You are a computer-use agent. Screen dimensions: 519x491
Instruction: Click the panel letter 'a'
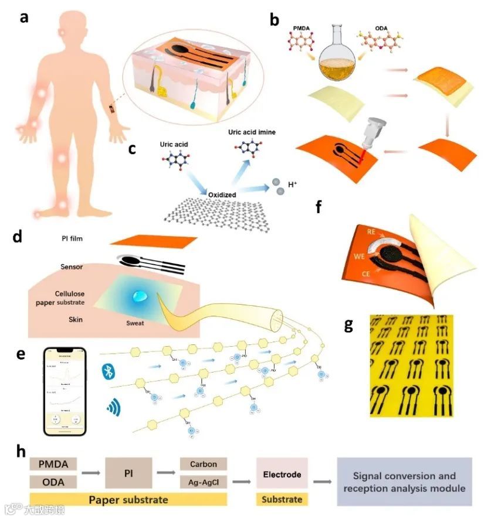click(24, 18)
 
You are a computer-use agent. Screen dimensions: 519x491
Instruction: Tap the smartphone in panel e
click(65, 391)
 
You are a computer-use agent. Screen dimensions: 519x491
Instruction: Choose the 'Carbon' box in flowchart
click(203, 465)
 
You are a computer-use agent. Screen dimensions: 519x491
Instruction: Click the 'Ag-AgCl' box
click(203, 482)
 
